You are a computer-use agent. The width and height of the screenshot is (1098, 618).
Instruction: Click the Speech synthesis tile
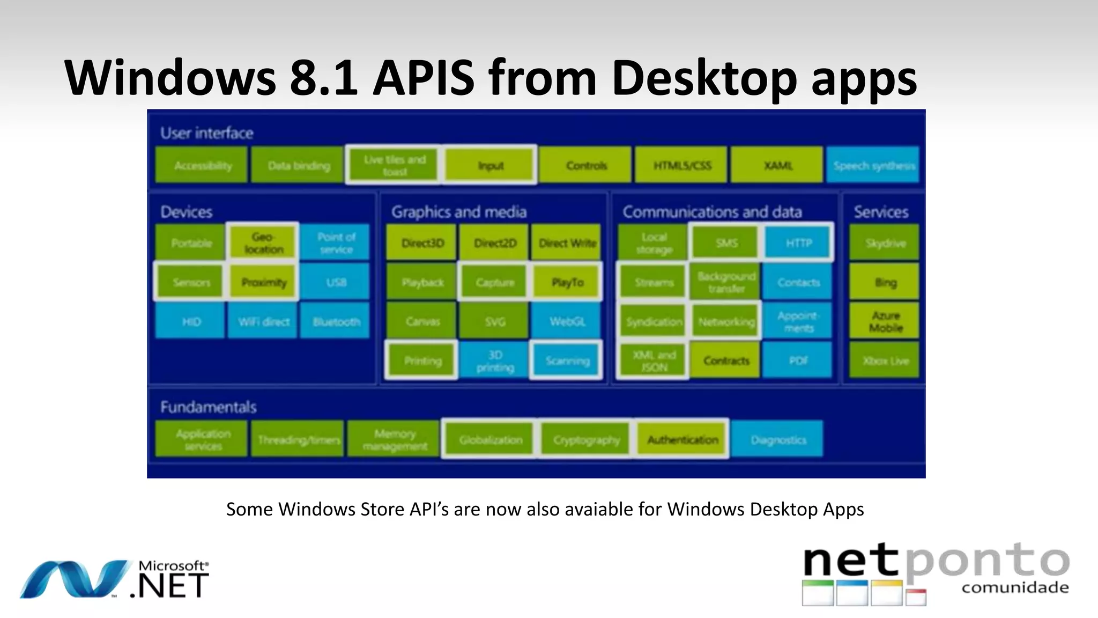click(x=873, y=165)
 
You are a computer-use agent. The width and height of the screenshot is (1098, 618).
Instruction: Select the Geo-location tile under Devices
click(x=263, y=242)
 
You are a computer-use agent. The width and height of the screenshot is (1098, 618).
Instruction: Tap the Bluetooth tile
click(x=336, y=321)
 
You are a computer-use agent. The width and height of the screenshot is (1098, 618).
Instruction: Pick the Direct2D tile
click(x=494, y=243)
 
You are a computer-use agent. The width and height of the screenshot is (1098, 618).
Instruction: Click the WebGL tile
click(x=567, y=321)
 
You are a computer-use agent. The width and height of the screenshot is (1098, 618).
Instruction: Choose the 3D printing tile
click(x=494, y=361)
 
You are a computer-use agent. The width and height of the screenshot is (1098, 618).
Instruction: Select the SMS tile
click(x=726, y=243)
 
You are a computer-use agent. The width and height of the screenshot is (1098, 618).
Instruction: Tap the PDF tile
click(x=798, y=360)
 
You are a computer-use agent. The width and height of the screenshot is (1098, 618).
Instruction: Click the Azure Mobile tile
click(x=885, y=321)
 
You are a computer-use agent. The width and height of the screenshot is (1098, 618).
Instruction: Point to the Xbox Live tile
click(x=885, y=360)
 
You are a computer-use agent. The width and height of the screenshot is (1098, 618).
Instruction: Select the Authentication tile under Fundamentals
click(x=682, y=439)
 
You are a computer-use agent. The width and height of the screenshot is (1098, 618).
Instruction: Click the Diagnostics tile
click(x=778, y=439)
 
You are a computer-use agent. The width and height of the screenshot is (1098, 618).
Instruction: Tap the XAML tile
click(x=777, y=165)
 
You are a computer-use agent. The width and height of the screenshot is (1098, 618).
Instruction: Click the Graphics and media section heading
click(x=458, y=211)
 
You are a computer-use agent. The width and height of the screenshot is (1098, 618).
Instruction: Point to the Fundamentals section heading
click(x=208, y=407)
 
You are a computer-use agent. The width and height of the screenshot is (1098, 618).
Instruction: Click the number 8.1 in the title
click(x=323, y=78)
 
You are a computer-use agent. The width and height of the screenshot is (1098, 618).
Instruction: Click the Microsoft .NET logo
click(x=115, y=580)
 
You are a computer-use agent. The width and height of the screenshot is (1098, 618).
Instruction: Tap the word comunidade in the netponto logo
click(x=1014, y=587)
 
